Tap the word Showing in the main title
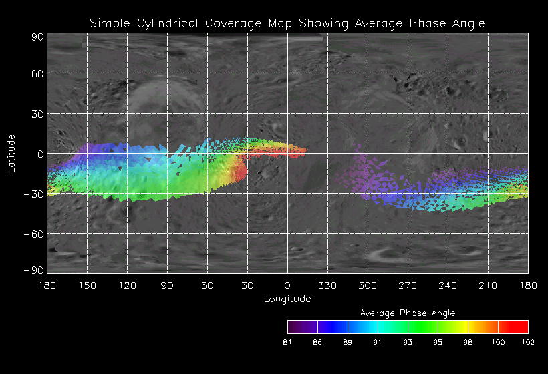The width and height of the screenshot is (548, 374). tap(324, 23)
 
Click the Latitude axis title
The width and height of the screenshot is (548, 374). tap(11, 154)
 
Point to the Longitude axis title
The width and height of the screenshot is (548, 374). tap(287, 299)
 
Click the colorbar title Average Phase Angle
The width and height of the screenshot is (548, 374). tap(408, 313)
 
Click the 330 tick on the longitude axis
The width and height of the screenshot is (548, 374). tap(327, 285)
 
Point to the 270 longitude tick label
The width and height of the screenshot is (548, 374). tap(408, 285)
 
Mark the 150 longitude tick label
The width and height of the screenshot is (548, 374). tap(87, 285)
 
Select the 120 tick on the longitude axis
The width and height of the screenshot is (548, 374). tap(127, 285)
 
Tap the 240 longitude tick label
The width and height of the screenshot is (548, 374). tap(448, 285)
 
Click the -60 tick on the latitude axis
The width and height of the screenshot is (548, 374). tap(33, 234)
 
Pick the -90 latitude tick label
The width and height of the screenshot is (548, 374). tap(33, 270)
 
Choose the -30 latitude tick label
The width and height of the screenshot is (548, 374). tap(33, 194)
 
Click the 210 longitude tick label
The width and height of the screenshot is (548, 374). tap(488, 285)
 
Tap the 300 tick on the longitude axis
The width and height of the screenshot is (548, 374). tap(368, 285)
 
